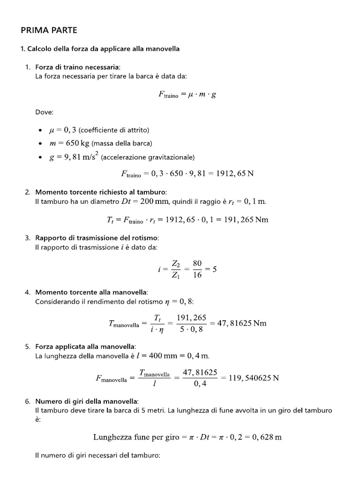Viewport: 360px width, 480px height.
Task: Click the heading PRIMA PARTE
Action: click(x=49, y=30)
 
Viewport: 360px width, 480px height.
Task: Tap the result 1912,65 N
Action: click(x=234, y=173)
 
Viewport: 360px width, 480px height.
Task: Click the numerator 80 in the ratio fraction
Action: click(x=197, y=263)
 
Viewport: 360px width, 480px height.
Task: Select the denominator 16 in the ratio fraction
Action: click(x=197, y=275)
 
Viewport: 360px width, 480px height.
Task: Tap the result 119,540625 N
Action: click(x=254, y=378)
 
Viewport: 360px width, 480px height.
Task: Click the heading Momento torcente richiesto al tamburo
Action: click(x=101, y=193)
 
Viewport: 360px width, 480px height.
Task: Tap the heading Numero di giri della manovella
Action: click(x=87, y=401)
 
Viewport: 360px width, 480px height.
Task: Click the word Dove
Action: click(x=45, y=112)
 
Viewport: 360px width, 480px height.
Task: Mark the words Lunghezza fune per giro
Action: click(x=136, y=437)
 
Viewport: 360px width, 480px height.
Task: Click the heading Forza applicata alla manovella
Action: click(x=85, y=347)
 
